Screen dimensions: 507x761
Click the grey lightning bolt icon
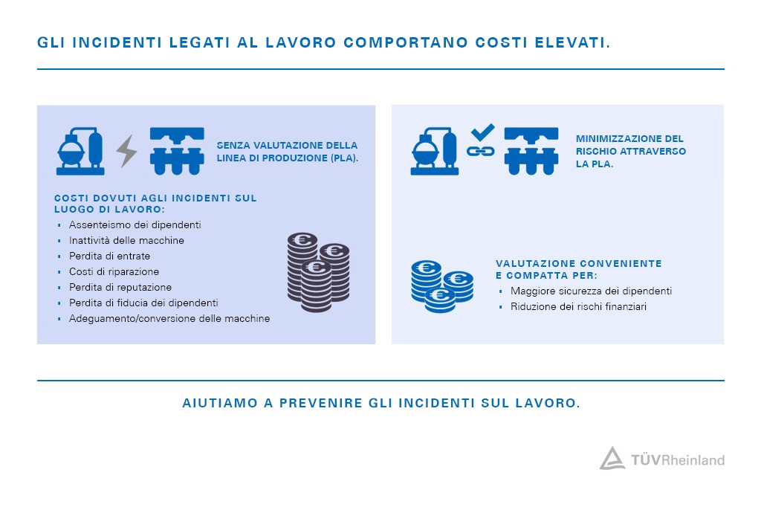[127, 151]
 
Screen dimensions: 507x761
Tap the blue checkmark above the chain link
[482, 133]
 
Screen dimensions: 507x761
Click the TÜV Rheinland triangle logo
[612, 458]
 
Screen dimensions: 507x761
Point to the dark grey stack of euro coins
[317, 271]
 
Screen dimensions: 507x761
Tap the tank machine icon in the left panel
[80, 152]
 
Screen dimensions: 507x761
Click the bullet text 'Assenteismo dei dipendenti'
[135, 225]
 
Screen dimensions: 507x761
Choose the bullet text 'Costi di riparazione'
[114, 271]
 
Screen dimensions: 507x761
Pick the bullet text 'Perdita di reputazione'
[120, 287]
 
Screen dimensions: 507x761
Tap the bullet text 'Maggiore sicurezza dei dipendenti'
[591, 291]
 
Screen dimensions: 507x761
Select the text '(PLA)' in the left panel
[342, 158]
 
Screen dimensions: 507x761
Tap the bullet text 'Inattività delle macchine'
[126, 240]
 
